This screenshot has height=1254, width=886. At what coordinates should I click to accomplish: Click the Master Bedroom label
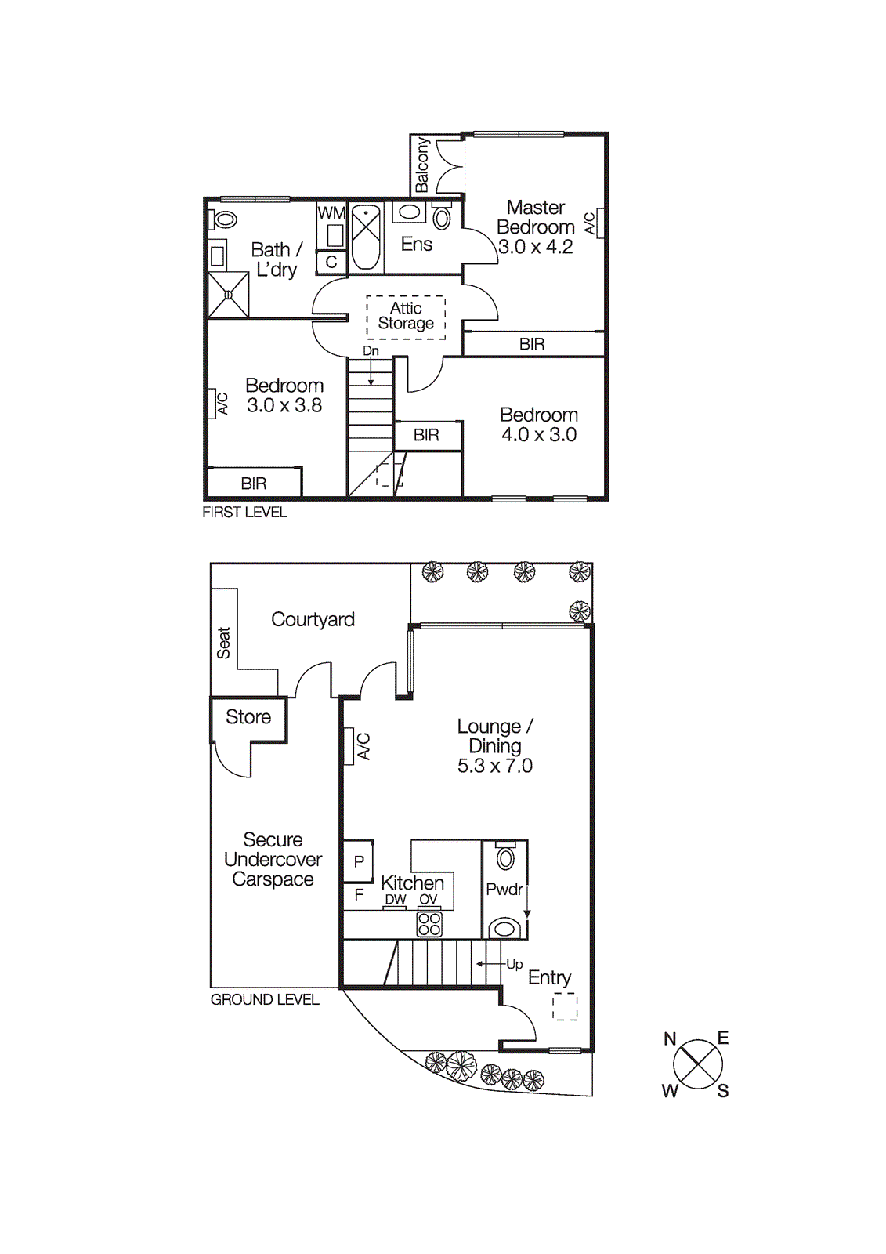coord(536,218)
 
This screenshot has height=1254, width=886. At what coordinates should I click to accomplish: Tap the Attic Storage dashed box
coord(406,317)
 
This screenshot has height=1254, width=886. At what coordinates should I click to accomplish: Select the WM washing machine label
coord(331,213)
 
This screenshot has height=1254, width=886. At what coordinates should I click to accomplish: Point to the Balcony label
coord(422,165)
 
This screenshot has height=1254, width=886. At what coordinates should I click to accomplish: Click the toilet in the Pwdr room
coord(506,858)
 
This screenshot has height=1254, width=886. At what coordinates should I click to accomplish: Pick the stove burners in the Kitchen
coord(429,924)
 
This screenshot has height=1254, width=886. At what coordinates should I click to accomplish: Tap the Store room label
coord(248,717)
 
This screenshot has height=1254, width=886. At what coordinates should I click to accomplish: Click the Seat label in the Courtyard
coord(224,643)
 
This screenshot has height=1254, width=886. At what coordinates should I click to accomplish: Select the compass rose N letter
coord(670,1039)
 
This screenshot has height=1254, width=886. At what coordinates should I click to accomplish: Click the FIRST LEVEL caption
coord(244,513)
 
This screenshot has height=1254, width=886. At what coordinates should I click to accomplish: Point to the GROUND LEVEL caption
coord(265,1000)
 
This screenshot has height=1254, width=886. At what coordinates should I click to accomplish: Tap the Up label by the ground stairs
coord(514,965)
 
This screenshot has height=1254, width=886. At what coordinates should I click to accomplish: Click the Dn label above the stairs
coord(371,351)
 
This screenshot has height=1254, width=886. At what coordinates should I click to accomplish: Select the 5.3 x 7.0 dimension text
coord(494,767)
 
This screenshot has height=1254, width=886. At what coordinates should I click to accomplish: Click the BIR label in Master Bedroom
coord(532,344)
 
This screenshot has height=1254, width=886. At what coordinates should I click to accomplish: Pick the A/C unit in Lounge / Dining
coord(349,746)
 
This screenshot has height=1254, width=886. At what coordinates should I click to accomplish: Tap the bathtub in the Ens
coord(366,237)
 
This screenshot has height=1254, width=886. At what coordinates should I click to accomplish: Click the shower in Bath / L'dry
coord(229,295)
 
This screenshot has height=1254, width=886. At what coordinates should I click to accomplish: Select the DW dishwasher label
coord(396,900)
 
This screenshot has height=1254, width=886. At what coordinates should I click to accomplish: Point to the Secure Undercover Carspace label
coord(273,860)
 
